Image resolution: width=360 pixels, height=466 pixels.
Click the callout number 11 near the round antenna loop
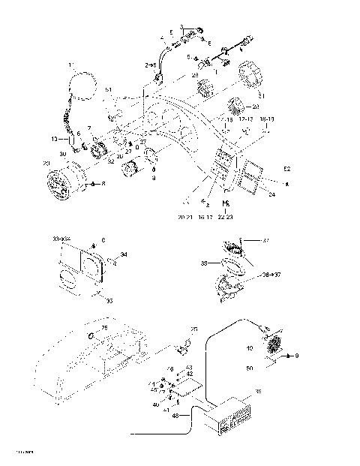pyautogui.click(x=72, y=65)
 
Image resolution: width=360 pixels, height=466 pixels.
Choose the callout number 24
pyautogui.click(x=271, y=194)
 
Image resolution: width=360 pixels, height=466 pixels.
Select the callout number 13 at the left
pyautogui.click(x=55, y=140)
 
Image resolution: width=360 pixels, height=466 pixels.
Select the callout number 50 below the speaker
pyautogui.click(x=250, y=369)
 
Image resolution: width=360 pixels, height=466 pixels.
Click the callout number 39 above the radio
pyautogui.click(x=259, y=392)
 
